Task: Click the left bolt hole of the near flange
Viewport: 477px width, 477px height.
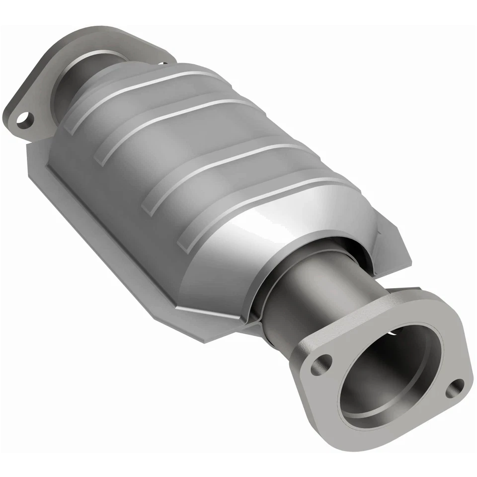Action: [x=321, y=364]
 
